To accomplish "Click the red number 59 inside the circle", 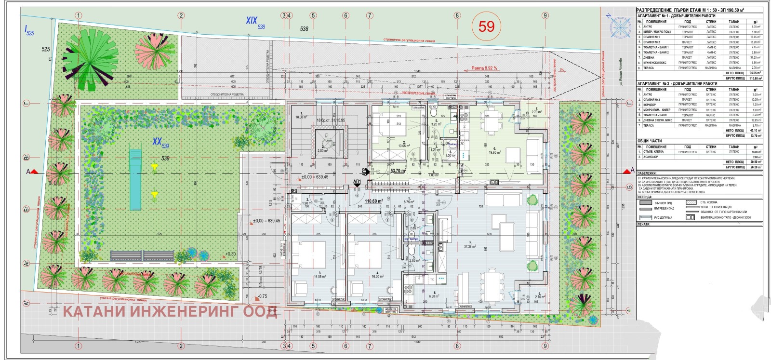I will [x=486, y=26].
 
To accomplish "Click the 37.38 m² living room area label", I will [x=470, y=245].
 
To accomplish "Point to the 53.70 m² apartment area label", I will [x=398, y=171].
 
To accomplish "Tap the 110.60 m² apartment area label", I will [x=373, y=201].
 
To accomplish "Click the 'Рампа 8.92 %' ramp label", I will [x=484, y=68].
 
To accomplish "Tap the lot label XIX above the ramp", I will [x=252, y=20].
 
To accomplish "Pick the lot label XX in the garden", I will [x=157, y=141].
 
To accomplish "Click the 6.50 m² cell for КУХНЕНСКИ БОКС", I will [x=756, y=63].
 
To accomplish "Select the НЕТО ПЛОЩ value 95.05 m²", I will [x=756, y=73].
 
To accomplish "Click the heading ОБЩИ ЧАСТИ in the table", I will [x=649, y=141].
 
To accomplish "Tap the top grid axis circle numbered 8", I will [x=457, y=15].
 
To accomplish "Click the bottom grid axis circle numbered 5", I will [x=313, y=346].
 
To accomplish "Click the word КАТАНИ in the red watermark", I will [x=94, y=311].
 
